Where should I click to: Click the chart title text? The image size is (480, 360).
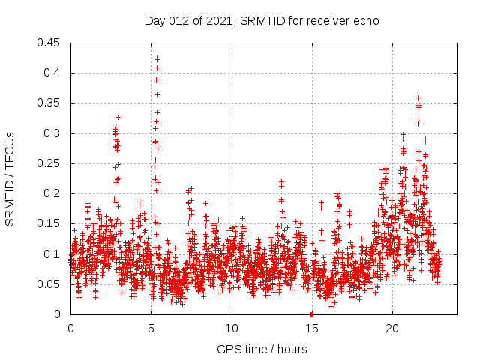point(262,20)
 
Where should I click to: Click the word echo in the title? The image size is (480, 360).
point(367,20)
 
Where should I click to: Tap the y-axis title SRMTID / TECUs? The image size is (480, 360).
point(10,178)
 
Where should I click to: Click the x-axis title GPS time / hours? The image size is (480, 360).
point(262,349)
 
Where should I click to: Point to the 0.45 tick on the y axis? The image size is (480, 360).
point(51,43)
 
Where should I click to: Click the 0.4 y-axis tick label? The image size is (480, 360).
point(54,73)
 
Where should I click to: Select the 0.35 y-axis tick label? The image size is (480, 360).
point(51,103)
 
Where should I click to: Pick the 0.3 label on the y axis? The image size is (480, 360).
point(54,133)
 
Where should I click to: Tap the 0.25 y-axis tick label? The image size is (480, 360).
point(51,163)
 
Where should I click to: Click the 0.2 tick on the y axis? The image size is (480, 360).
point(54,193)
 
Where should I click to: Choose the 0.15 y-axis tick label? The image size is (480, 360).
point(51,223)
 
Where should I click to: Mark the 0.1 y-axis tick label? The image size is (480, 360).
point(54,254)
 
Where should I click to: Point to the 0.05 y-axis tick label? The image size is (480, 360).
point(51,284)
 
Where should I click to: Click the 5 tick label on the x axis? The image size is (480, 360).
point(151,328)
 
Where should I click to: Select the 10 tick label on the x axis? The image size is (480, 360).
point(232,328)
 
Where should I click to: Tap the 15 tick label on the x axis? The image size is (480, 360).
point(312,328)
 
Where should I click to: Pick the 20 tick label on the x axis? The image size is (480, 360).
point(392,328)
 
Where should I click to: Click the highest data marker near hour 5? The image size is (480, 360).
point(157,58)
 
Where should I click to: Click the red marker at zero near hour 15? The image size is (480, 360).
point(311,313)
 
